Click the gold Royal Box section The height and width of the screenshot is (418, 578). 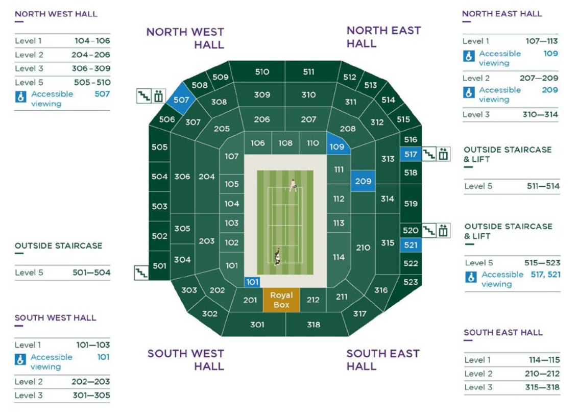pyautogui.click(x=281, y=300)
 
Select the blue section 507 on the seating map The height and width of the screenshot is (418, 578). pyautogui.click(x=180, y=100)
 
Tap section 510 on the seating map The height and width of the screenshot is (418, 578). pyautogui.click(x=262, y=72)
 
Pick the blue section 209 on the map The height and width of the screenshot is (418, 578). pyautogui.click(x=363, y=181)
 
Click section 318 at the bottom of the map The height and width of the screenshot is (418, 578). pyautogui.click(x=314, y=325)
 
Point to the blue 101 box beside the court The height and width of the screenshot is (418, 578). pyautogui.click(x=252, y=282)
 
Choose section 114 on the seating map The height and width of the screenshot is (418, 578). pyautogui.click(x=339, y=257)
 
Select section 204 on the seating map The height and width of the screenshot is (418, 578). pyautogui.click(x=206, y=177)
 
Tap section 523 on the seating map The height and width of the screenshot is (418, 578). pyautogui.click(x=411, y=282)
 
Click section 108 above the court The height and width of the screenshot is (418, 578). pyautogui.click(x=285, y=143)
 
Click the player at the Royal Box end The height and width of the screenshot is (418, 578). pyautogui.click(x=277, y=257)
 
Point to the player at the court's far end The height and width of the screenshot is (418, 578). pyautogui.click(x=293, y=185)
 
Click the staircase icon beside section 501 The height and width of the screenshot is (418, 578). pyautogui.click(x=141, y=273)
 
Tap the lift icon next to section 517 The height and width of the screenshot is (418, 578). pyautogui.click(x=443, y=154)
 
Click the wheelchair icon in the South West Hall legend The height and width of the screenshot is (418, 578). pyautogui.click(x=20, y=359)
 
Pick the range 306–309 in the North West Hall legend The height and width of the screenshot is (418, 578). pyautogui.click(x=91, y=68)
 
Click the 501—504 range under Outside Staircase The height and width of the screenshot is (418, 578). pyautogui.click(x=91, y=273)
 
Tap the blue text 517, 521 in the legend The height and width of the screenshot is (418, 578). pyautogui.click(x=545, y=275)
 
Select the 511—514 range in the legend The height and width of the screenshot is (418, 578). pyautogui.click(x=543, y=186)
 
